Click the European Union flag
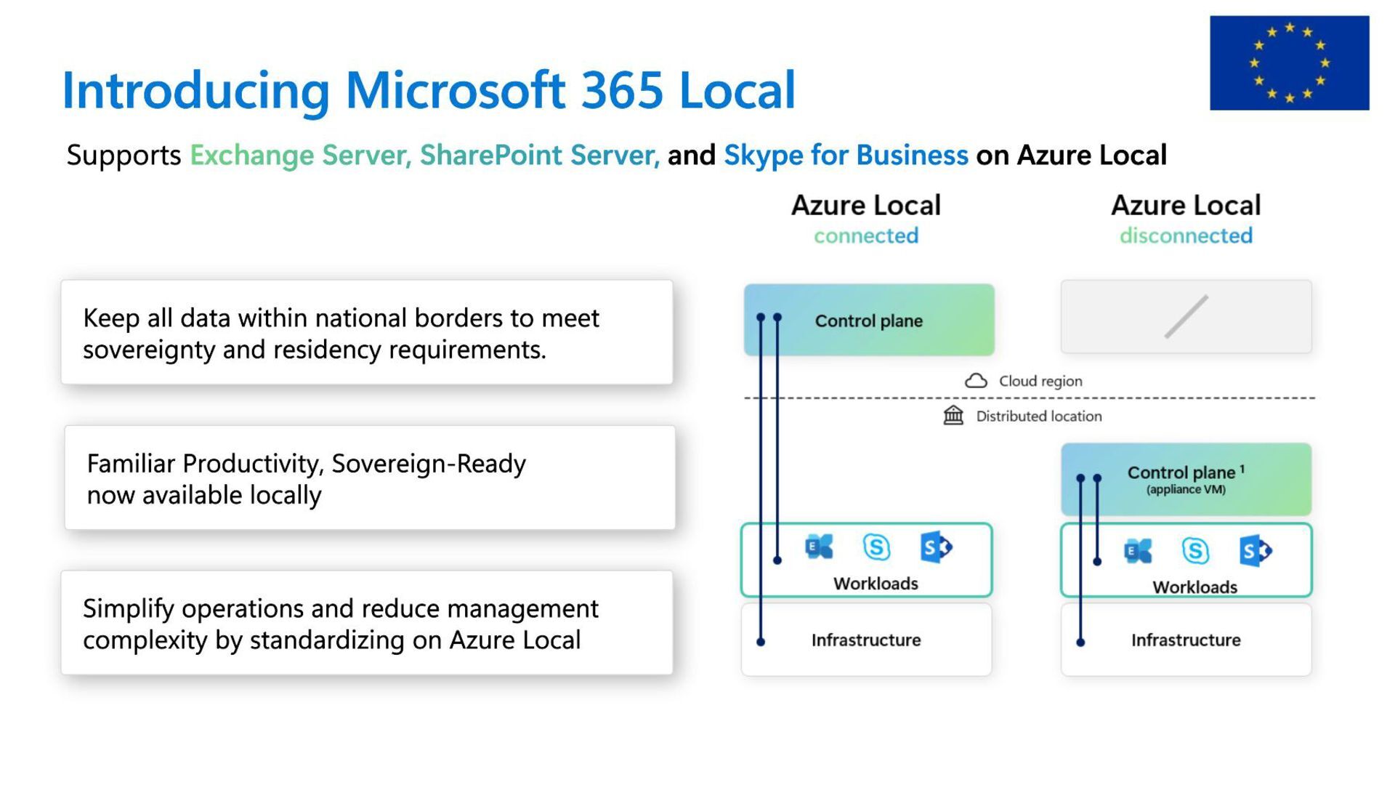pyautogui.click(x=1289, y=63)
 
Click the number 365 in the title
pyautogui.click(x=622, y=91)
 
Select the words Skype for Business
pyautogui.click(x=846, y=156)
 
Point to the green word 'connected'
pyautogui.click(x=865, y=235)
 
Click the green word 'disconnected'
pyautogui.click(x=1186, y=235)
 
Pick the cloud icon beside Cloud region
pyautogui.click(x=976, y=381)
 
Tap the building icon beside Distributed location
pyautogui.click(x=953, y=416)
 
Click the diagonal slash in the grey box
pyautogui.click(x=1186, y=317)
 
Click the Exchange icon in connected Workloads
pyautogui.click(x=819, y=547)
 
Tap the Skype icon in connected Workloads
pyautogui.click(x=876, y=547)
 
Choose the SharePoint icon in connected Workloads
pyautogui.click(x=936, y=547)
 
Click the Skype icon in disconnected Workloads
pyautogui.click(x=1195, y=551)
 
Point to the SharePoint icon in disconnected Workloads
pyautogui.click(x=1255, y=551)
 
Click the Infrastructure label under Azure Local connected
pyautogui.click(x=865, y=640)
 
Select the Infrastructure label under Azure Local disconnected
pyautogui.click(x=1186, y=640)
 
